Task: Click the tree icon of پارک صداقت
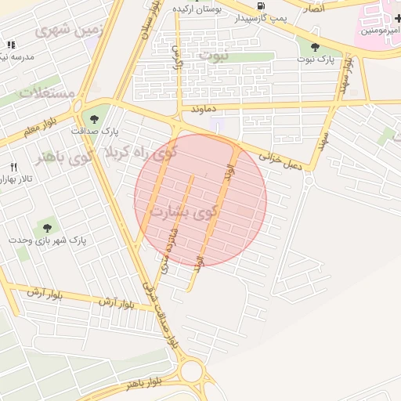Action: (95, 119)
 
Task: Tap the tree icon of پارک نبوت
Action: (315, 48)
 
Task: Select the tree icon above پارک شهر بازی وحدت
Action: (48, 228)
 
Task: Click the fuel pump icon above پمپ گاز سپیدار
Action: (259, 5)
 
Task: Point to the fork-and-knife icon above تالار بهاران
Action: (13, 168)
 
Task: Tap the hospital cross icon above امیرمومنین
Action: (398, 16)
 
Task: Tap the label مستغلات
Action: (47, 93)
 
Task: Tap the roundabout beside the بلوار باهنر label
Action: (191, 371)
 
